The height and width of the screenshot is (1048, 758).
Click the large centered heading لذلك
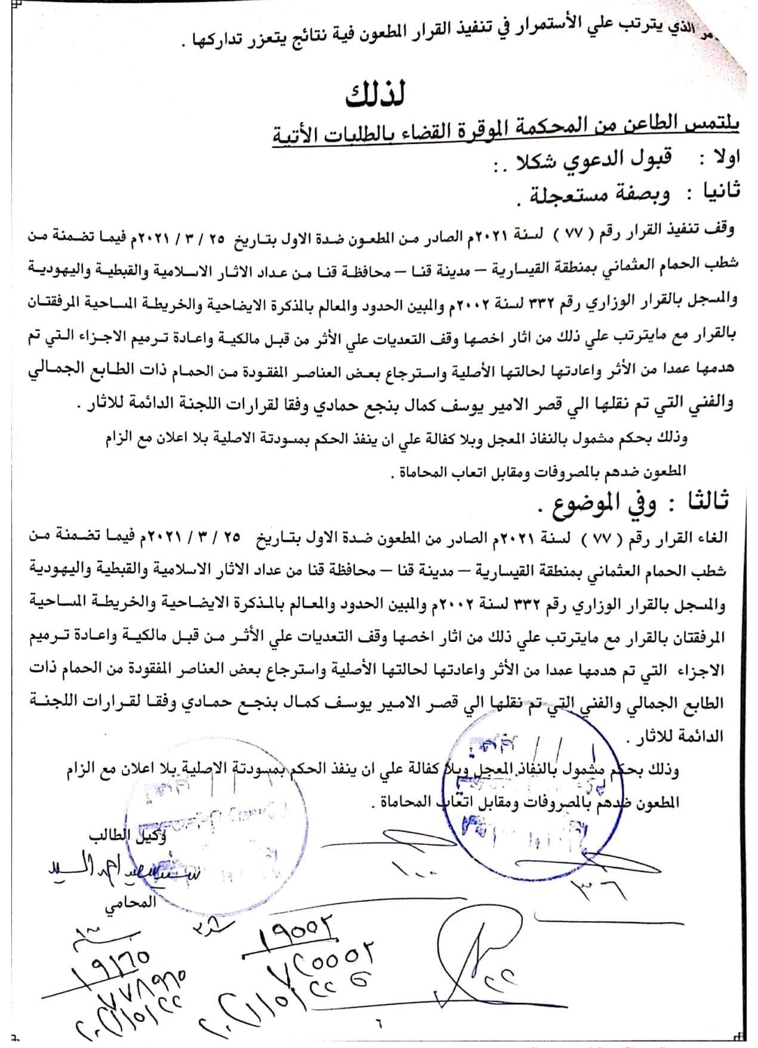[x=375, y=96]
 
